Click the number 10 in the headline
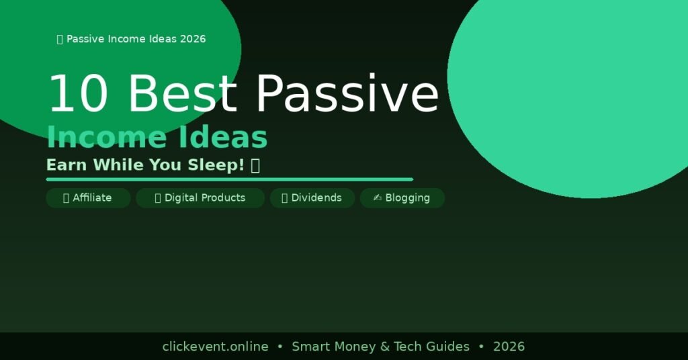[x=77, y=94]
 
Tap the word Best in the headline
[x=181, y=94]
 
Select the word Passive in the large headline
[x=347, y=94]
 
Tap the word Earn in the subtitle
[x=67, y=165]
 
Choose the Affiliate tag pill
[x=88, y=198]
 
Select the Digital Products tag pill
[x=200, y=198]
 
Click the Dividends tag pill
[x=312, y=198]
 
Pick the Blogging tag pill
[x=402, y=198]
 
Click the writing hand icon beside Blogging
[x=378, y=198]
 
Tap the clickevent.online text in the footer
[x=215, y=347]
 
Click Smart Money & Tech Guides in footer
[x=380, y=347]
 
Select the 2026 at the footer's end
[x=509, y=347]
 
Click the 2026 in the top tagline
[x=192, y=39]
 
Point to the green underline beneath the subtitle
[x=229, y=179]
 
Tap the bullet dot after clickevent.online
[x=280, y=347]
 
